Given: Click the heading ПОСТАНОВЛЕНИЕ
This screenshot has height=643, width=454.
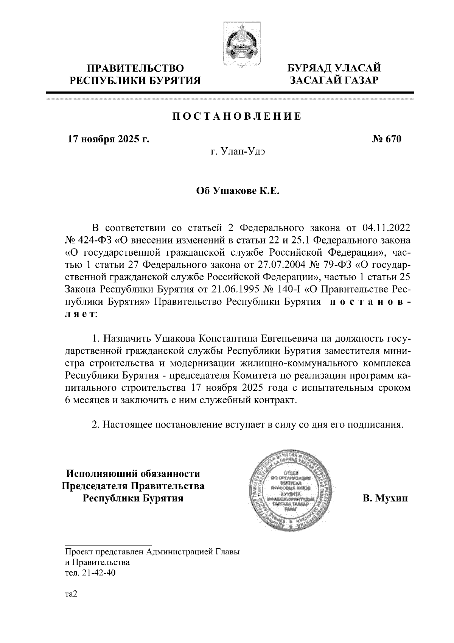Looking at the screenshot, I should tap(237, 116).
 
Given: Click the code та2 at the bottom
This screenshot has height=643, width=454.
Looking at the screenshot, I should tap(71, 594).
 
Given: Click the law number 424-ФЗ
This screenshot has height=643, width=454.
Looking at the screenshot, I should tap(93, 240).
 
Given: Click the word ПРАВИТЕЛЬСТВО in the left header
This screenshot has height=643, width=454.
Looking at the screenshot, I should tap(135, 69).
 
